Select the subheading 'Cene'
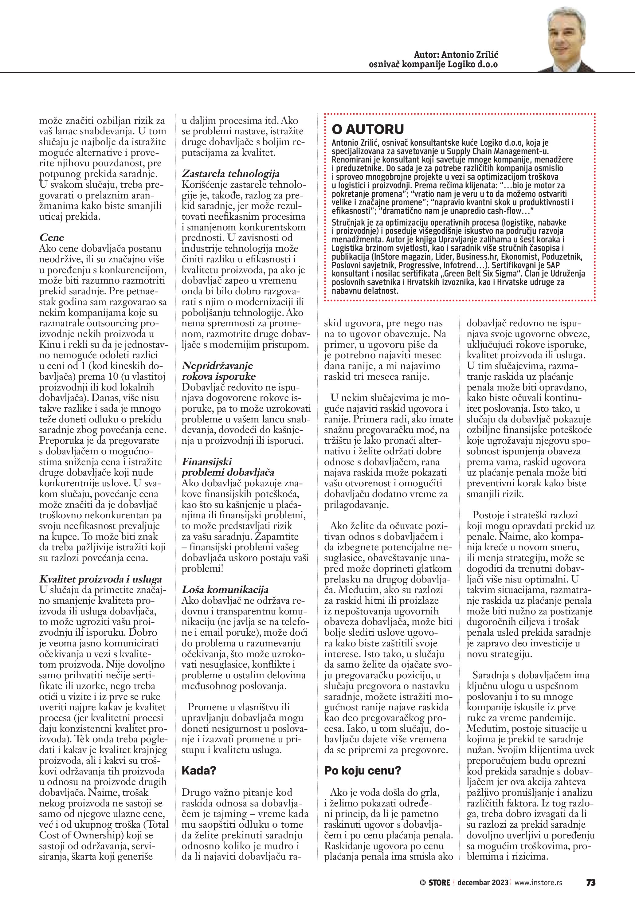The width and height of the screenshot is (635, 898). coord(52,237)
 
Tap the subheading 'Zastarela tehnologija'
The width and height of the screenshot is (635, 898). coord(230,174)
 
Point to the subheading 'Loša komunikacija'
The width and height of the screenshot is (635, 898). coord(225,590)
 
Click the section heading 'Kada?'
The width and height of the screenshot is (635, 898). coord(199,771)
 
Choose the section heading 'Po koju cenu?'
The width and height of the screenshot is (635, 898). coord(363,771)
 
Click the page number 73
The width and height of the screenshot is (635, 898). coord(590,882)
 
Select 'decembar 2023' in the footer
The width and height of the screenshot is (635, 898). coord(483,883)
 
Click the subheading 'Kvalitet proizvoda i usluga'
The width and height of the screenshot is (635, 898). coord(100,579)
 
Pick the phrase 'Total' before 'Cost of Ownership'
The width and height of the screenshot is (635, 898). coord(156,824)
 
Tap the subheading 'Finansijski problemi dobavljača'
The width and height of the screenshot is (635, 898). coord(228,467)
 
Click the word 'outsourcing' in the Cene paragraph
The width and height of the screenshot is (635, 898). coord(115,323)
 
